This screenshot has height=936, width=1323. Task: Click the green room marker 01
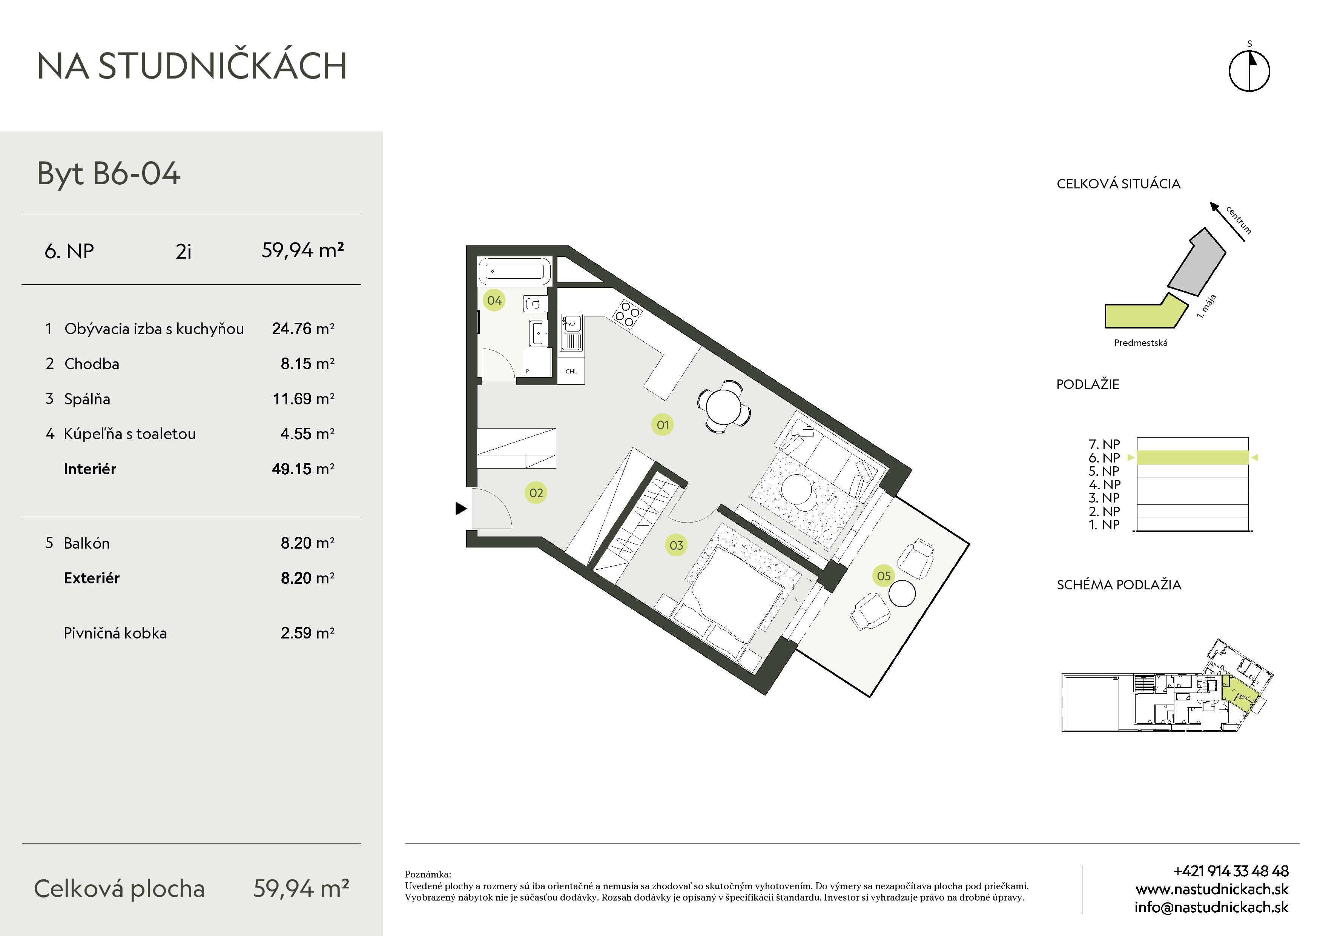[x=663, y=425]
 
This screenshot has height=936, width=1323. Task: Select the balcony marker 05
[x=883, y=575]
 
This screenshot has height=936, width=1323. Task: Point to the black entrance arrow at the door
[x=461, y=508]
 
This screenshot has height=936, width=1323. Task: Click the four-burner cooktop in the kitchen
[x=627, y=314]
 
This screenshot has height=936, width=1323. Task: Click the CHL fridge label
[x=571, y=372]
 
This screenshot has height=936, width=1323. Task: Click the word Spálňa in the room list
[x=87, y=399]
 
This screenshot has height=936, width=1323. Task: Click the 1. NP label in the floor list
[x=1104, y=525]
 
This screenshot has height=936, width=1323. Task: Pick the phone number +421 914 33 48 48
[x=1231, y=871]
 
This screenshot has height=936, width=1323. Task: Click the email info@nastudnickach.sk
[x=1211, y=907]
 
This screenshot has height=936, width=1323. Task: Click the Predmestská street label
[x=1141, y=342]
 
